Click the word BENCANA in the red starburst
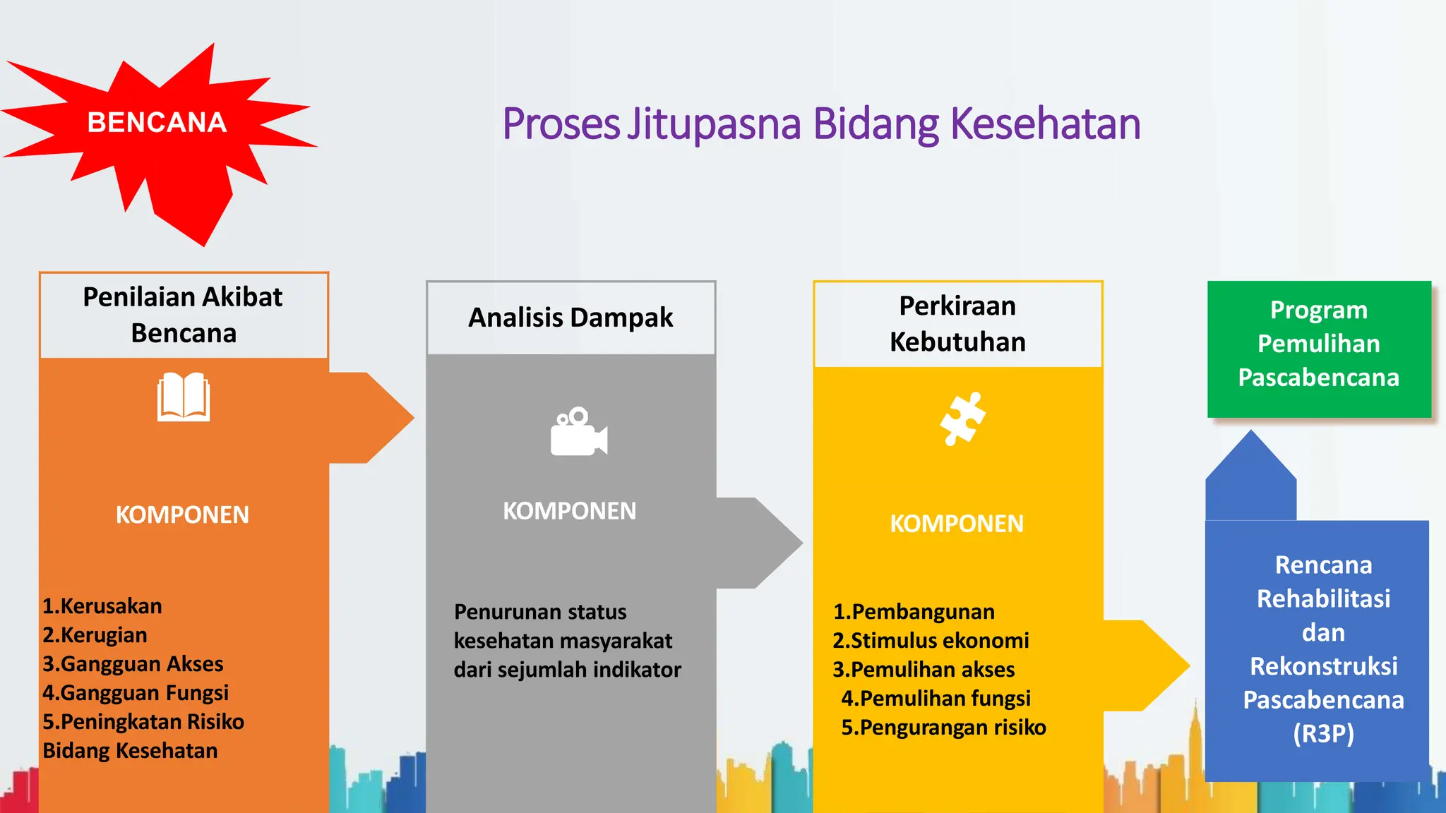157,123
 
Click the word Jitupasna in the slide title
715,124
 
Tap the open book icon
184,397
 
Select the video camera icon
578,432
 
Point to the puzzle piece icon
962,418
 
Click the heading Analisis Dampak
570,318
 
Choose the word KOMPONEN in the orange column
182,515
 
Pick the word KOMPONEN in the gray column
569,511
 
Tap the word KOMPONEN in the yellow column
957,524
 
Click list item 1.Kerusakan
102,606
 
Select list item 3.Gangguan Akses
133,664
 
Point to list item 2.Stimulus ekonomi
931,641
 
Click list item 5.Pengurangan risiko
943,728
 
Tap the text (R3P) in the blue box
1323,734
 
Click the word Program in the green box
1318,310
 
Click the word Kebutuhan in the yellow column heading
957,342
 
